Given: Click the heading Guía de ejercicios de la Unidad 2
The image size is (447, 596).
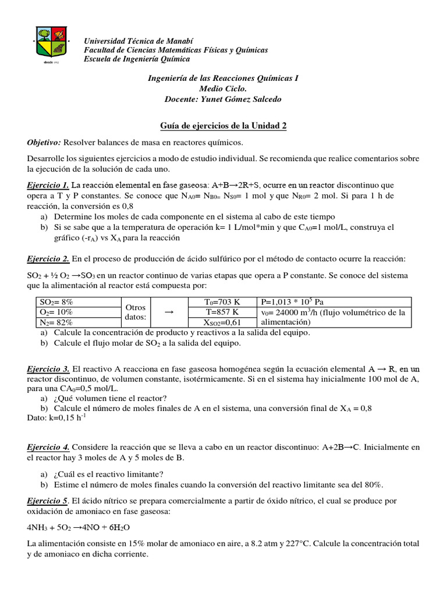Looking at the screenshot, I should pyautogui.click(x=223, y=126).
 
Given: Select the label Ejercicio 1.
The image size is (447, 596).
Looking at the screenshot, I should pyautogui.click(x=49, y=185).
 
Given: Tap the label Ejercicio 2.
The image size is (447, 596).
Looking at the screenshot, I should pyautogui.click(x=49, y=258).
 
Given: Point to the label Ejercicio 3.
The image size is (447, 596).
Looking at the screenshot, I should pyautogui.click(x=49, y=368).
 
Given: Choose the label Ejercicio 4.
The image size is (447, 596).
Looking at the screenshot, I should pyautogui.click(x=49, y=447).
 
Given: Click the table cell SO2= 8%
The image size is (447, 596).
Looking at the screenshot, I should pyautogui.click(x=56, y=301).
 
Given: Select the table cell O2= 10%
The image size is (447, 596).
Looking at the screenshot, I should pyautogui.click(x=56, y=311).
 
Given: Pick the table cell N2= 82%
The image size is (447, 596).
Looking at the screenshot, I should pyautogui.click(x=56, y=322).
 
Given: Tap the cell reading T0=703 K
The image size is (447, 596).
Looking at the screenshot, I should pyautogui.click(x=222, y=301).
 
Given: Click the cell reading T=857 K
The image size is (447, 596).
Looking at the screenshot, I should pyautogui.click(x=222, y=311).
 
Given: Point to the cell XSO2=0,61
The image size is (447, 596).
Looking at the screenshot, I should pyautogui.click(x=222, y=322).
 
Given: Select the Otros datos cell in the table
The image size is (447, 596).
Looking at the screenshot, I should pyautogui.click(x=136, y=311).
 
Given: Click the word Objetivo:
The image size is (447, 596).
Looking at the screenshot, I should pyautogui.click(x=44, y=143).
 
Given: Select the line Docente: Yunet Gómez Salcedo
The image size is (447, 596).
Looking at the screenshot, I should pyautogui.click(x=223, y=99).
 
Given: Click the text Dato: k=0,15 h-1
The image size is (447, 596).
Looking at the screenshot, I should pyautogui.click(x=56, y=417).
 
